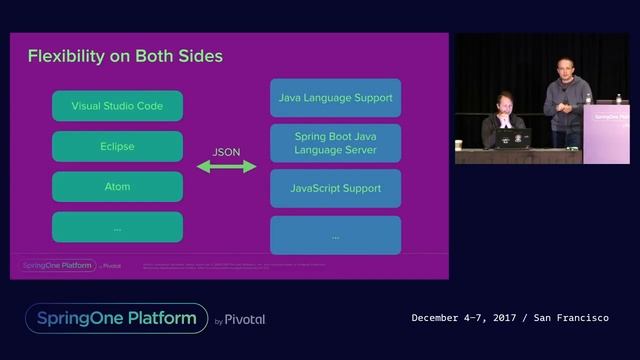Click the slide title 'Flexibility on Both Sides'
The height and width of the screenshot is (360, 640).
(125, 55)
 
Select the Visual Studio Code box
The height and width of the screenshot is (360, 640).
(117, 105)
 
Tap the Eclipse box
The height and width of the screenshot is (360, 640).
(117, 146)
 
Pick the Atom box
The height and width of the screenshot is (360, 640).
(117, 187)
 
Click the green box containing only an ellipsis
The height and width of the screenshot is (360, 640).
(117, 227)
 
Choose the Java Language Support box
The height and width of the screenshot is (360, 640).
(335, 98)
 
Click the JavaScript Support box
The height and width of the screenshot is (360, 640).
(335, 188)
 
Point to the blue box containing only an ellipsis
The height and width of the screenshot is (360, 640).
(335, 236)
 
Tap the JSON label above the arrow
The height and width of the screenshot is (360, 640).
(226, 151)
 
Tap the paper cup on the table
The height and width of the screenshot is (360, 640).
(459, 145)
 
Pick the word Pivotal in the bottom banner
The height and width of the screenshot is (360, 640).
(245, 320)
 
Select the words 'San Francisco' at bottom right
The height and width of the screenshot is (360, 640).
(571, 318)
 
